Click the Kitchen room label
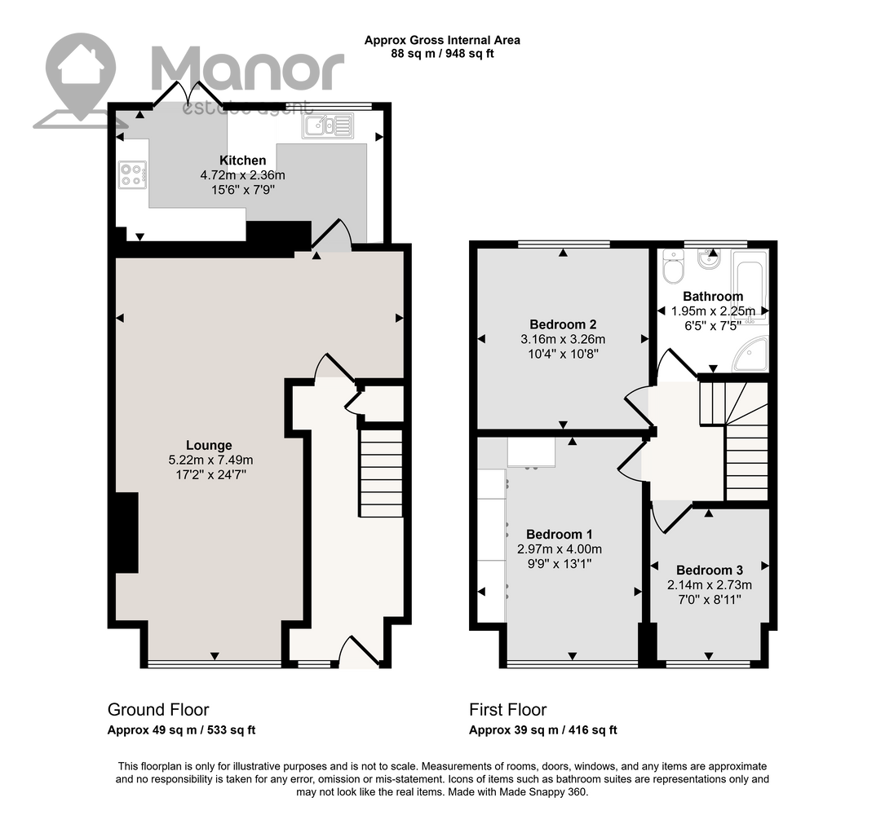click(243, 161)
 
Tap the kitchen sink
click(327, 126)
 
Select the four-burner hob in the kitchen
click(133, 174)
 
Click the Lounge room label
click(209, 445)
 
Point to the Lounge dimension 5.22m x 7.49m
click(210, 460)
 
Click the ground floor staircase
click(381, 474)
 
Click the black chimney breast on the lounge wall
click(127, 532)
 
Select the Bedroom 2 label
click(563, 324)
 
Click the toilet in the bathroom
click(673, 267)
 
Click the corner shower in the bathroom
click(751, 355)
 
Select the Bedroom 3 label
click(710, 570)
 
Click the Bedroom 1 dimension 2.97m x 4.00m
click(560, 548)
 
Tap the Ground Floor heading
click(158, 710)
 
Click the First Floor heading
click(508, 710)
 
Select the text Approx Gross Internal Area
click(442, 40)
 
